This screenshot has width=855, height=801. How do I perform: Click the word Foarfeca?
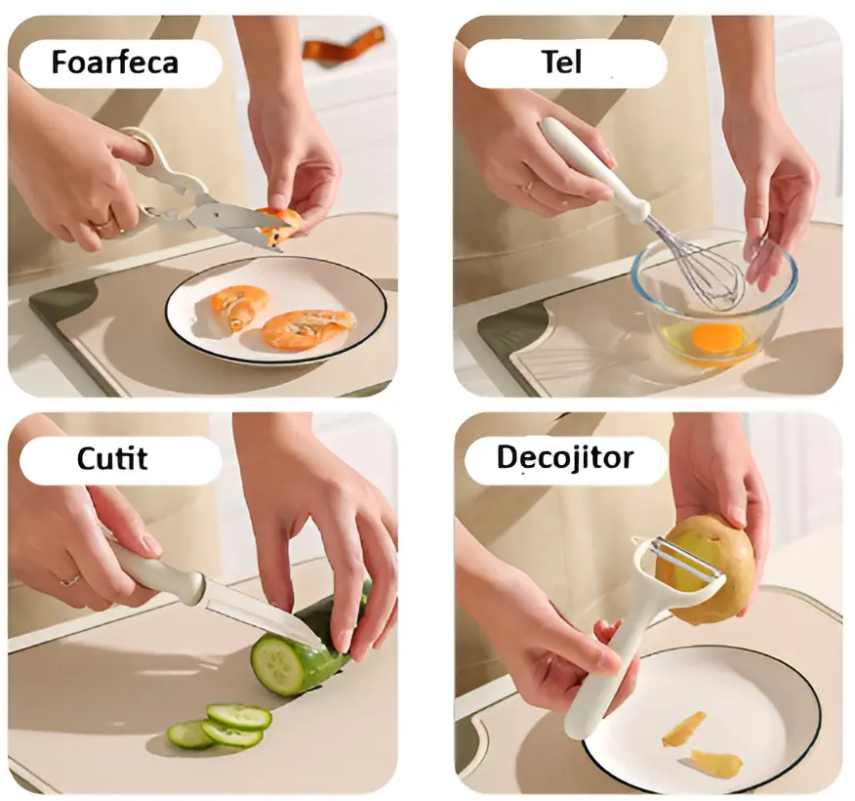[x=114, y=63]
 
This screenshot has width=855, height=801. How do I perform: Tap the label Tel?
[x=561, y=63]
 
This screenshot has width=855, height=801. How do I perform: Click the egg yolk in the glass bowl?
[x=717, y=338]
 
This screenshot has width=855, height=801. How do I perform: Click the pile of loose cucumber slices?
[x=220, y=726]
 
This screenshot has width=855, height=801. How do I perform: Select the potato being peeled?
[x=717, y=567]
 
